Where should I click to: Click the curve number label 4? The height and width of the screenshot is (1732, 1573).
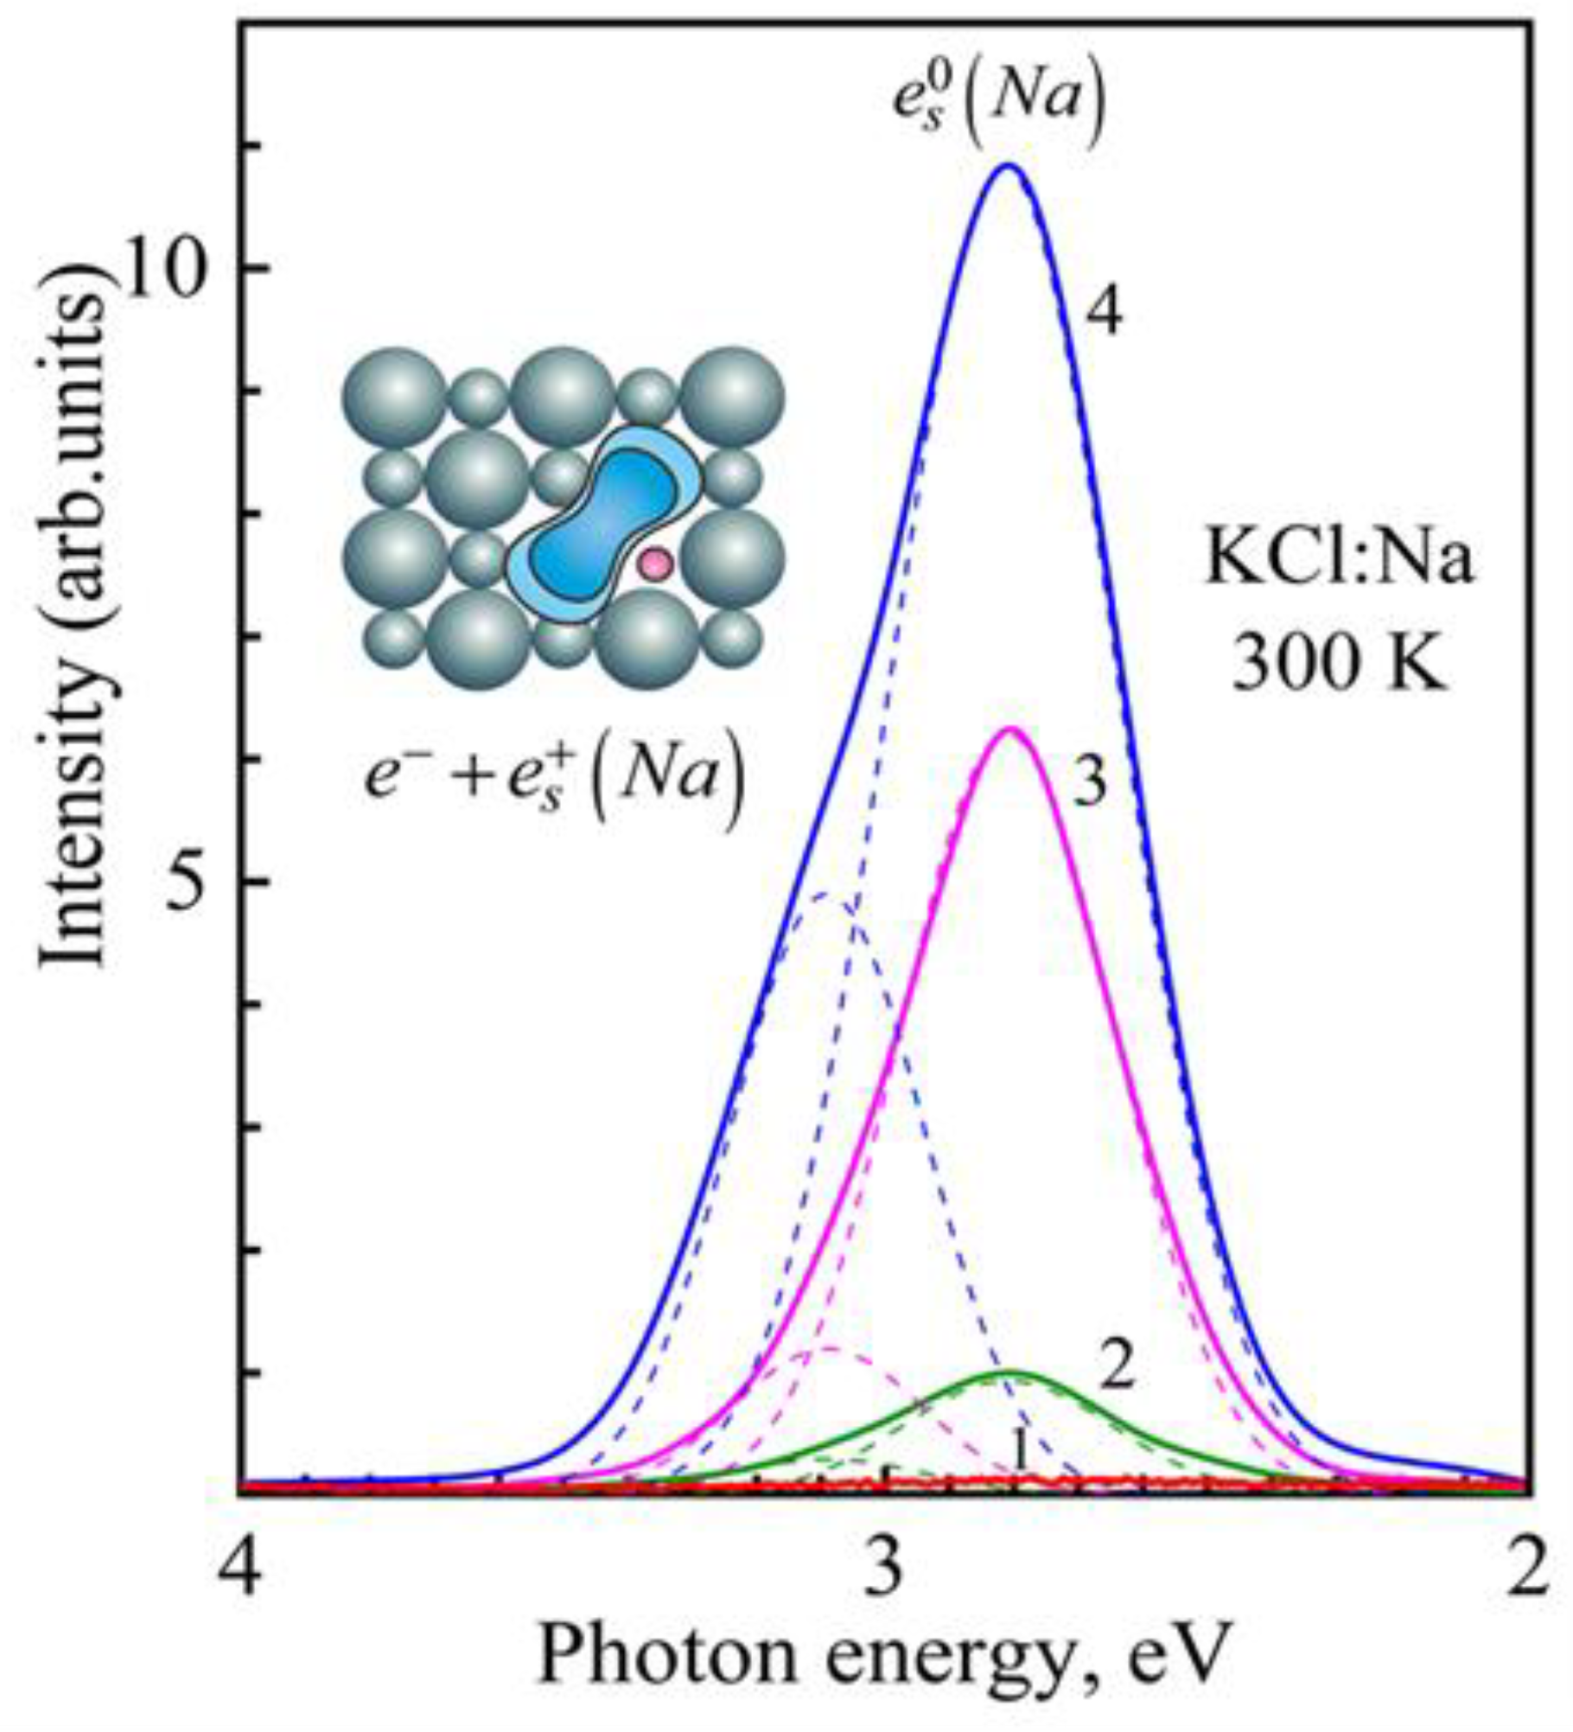pyautogui.click(x=1105, y=314)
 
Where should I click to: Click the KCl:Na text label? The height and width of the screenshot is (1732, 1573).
pyautogui.click(x=1339, y=563)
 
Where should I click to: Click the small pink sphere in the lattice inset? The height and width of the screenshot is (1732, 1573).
pyautogui.click(x=655, y=564)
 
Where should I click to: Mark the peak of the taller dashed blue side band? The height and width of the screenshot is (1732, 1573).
pyautogui.click(x=825, y=895)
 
